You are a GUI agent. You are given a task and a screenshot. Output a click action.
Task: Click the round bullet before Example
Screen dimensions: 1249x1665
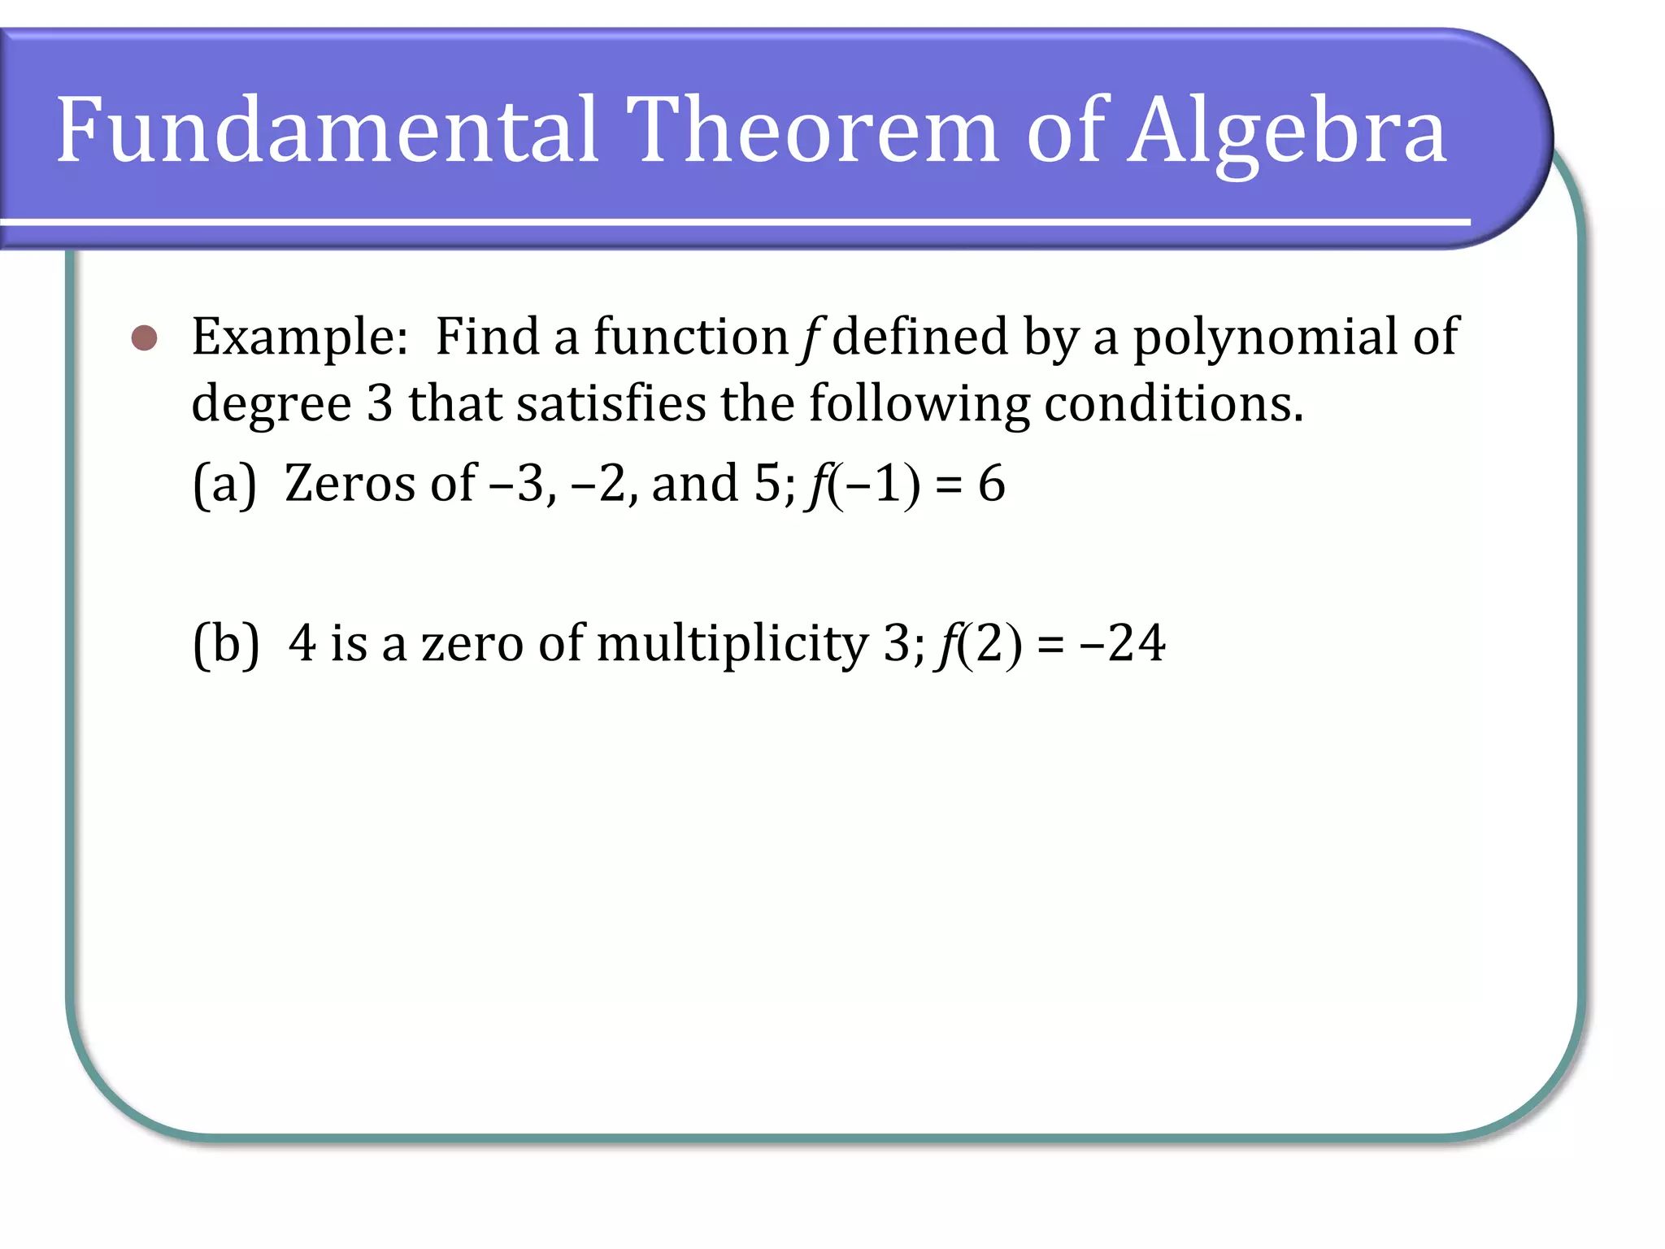pos(144,337)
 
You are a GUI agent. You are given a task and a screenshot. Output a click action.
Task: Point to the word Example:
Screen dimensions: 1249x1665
pos(299,337)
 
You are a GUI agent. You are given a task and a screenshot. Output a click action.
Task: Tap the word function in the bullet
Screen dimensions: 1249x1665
pos(690,337)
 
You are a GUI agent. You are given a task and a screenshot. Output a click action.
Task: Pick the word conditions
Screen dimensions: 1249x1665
pos(1173,404)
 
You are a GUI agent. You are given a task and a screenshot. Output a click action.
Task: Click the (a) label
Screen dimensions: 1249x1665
pos(224,484)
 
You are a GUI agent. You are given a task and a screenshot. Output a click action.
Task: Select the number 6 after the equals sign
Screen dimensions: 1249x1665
pos(991,484)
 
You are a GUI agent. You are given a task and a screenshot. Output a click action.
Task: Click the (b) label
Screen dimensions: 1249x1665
pos(226,644)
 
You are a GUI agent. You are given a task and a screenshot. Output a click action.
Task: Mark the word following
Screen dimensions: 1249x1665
pos(919,404)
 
